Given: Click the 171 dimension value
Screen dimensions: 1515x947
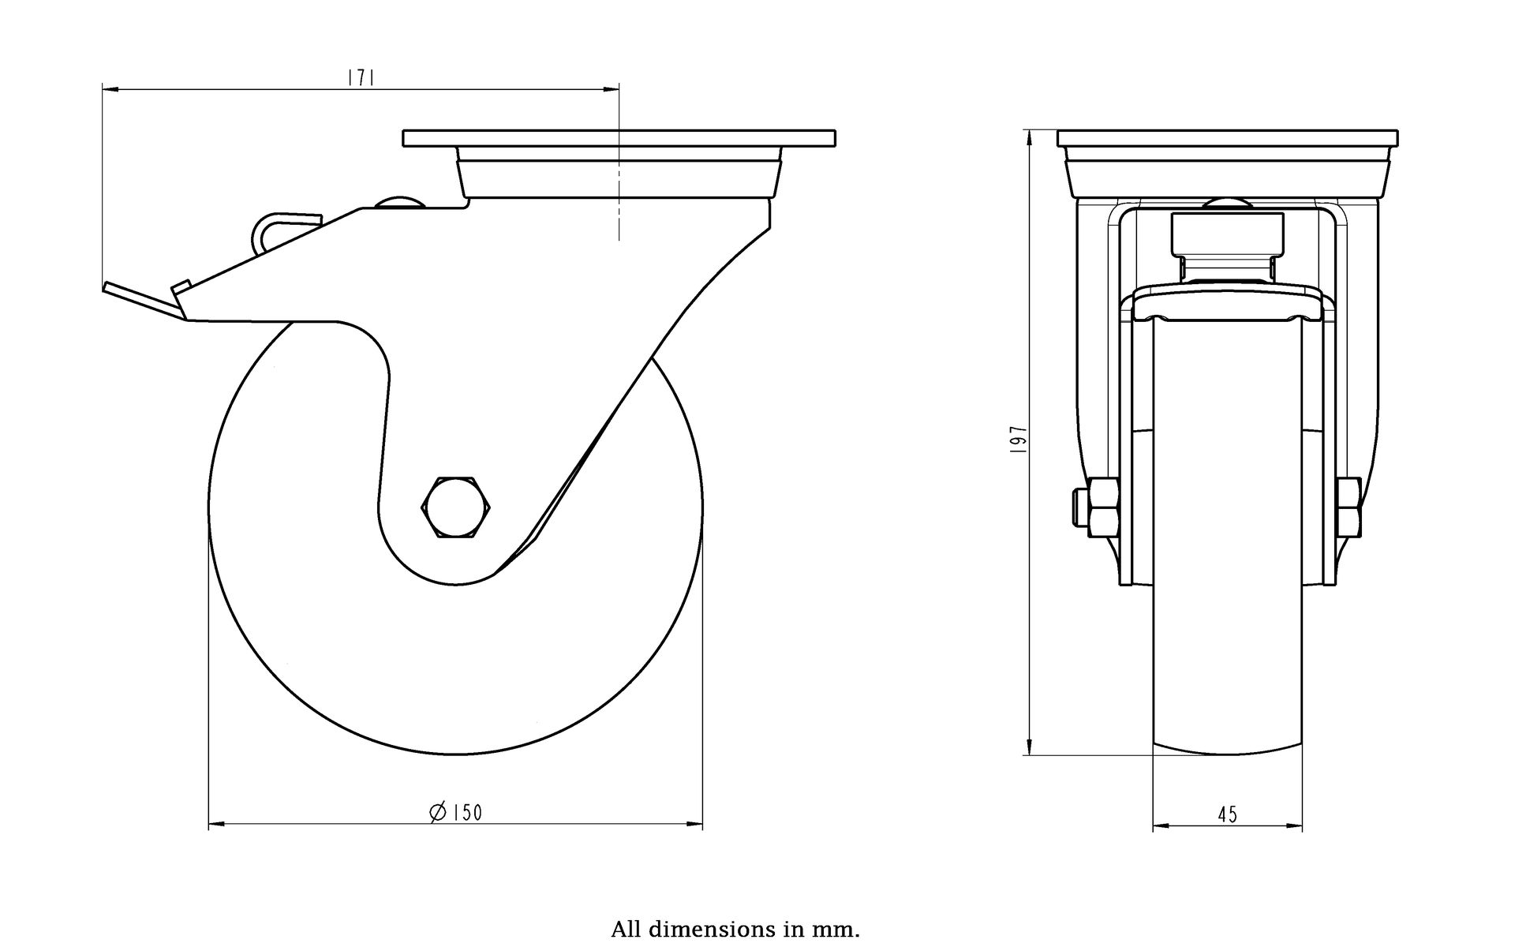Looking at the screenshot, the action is pyautogui.click(x=360, y=77).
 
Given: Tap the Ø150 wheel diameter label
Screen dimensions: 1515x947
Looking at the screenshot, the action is pyautogui.click(x=455, y=812).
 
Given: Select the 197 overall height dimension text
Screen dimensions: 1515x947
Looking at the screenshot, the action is pyautogui.click(x=1019, y=438).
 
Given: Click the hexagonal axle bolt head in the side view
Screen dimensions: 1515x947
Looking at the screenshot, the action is pyautogui.click(x=457, y=507).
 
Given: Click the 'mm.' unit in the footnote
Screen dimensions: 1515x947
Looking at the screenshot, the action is pyautogui.click(x=841, y=930).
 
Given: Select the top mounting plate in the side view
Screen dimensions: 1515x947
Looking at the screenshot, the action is pyautogui.click(x=619, y=138).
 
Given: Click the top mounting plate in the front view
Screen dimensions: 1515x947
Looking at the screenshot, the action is pyautogui.click(x=1228, y=138).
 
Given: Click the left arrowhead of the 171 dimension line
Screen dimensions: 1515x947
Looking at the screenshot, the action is pyautogui.click(x=110, y=89).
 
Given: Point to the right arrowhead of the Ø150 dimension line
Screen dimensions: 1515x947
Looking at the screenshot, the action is pyautogui.click(x=694, y=825).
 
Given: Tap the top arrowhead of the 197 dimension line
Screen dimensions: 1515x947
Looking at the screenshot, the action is pyautogui.click(x=1030, y=139).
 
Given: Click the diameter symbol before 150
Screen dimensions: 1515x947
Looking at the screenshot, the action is pyautogui.click(x=438, y=812).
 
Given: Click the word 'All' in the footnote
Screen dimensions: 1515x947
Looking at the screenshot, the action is pyautogui.click(x=625, y=929).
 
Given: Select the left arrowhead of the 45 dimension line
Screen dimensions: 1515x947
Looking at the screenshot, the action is pyautogui.click(x=1161, y=827).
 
